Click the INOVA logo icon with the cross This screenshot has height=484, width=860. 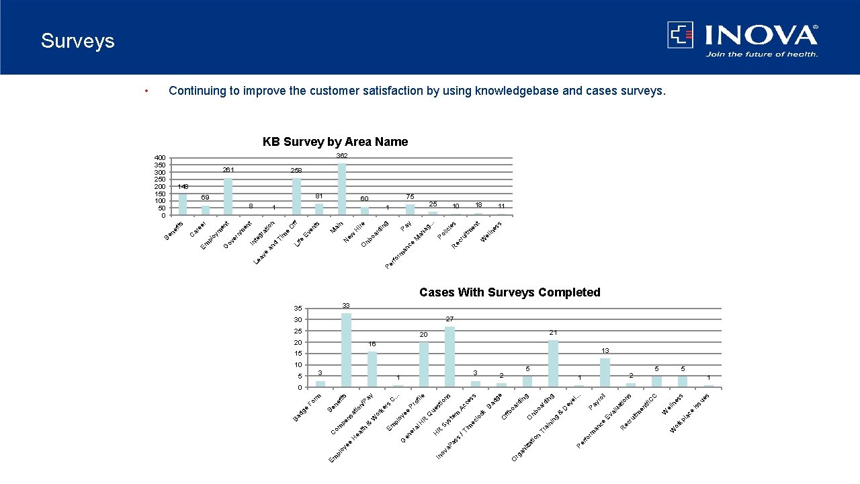(680, 35)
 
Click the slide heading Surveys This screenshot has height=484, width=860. (77, 41)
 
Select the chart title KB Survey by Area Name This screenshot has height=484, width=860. (335, 142)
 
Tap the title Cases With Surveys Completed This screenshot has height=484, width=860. (509, 292)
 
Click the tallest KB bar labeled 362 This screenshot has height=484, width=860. (342, 190)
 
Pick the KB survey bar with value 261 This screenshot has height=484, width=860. (228, 196)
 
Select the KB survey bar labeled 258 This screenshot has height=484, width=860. (296, 197)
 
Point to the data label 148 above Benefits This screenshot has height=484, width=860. (183, 186)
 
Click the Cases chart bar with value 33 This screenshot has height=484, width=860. (346, 350)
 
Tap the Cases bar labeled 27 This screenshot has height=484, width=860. (449, 357)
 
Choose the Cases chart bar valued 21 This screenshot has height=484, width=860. (553, 364)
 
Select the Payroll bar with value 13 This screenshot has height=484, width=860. (605, 372)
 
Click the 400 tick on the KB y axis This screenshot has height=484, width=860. (160, 158)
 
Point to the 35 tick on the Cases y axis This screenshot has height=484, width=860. (298, 309)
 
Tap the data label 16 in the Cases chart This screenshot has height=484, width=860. (372, 344)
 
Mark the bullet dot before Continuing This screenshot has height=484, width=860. (146, 91)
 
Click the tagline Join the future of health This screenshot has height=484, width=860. (761, 54)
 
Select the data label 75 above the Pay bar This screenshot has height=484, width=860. (410, 196)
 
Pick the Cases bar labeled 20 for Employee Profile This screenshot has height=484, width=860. (424, 365)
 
